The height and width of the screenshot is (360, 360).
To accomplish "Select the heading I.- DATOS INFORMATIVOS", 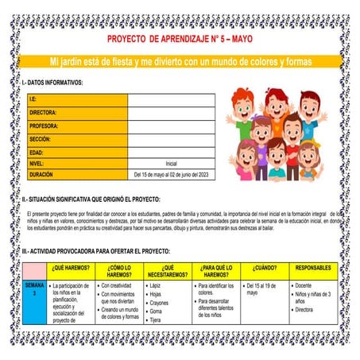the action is pyautogui.click(x=52, y=81).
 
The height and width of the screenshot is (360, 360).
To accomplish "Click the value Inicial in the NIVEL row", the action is pyautogui.click(x=171, y=162).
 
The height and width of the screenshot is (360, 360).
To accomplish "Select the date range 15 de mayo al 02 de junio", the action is pyautogui.click(x=171, y=174).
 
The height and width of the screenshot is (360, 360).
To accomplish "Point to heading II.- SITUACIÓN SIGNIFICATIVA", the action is pyautogui.click(x=91, y=199).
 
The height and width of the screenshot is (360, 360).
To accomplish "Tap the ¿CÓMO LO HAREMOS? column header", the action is pyautogui.click(x=120, y=272).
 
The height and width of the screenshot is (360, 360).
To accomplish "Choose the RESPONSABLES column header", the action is pyautogui.click(x=313, y=268).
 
